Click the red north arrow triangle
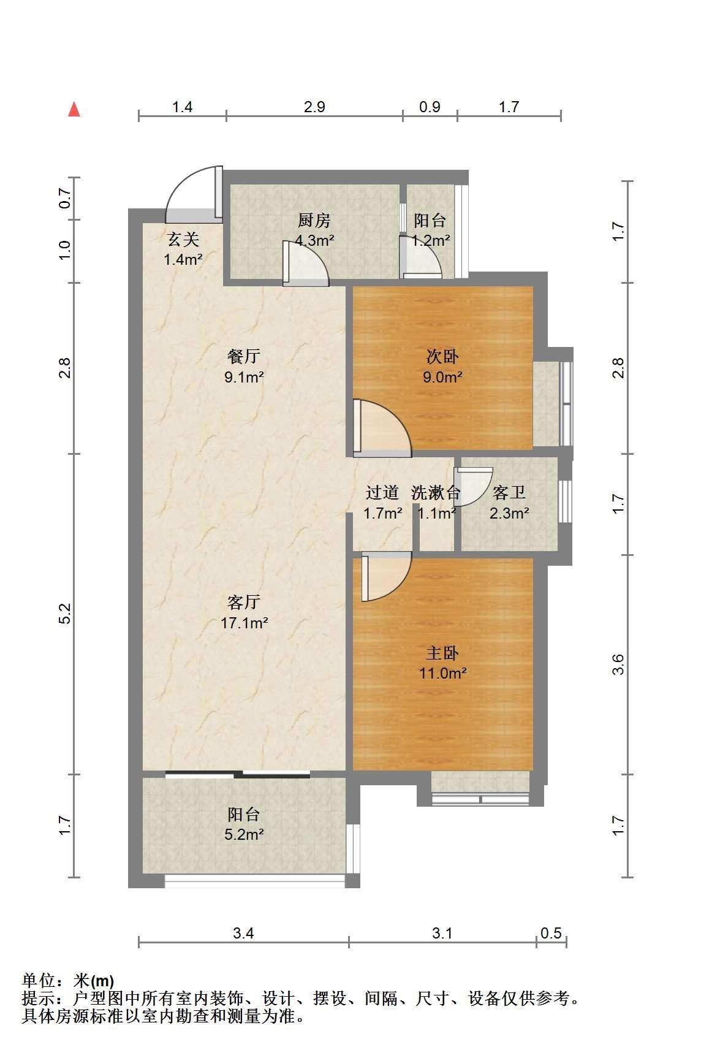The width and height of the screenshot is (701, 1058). click(74, 109)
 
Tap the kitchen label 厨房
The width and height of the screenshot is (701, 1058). click(314, 220)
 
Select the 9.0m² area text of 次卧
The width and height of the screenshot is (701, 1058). click(442, 376)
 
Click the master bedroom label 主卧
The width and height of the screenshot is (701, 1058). click(442, 653)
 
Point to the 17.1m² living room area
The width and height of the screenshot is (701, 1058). click(244, 623)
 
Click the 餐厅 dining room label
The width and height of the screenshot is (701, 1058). click(244, 356)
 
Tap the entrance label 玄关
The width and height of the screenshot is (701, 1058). click(183, 239)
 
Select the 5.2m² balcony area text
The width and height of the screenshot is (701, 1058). click(244, 834)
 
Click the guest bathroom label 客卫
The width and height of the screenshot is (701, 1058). click(509, 492)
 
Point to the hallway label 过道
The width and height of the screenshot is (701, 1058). click(382, 492)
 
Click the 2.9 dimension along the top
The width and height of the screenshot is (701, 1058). click(314, 107)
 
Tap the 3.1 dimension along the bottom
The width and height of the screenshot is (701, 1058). click(442, 933)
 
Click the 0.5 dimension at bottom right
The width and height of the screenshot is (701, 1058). click(551, 933)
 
